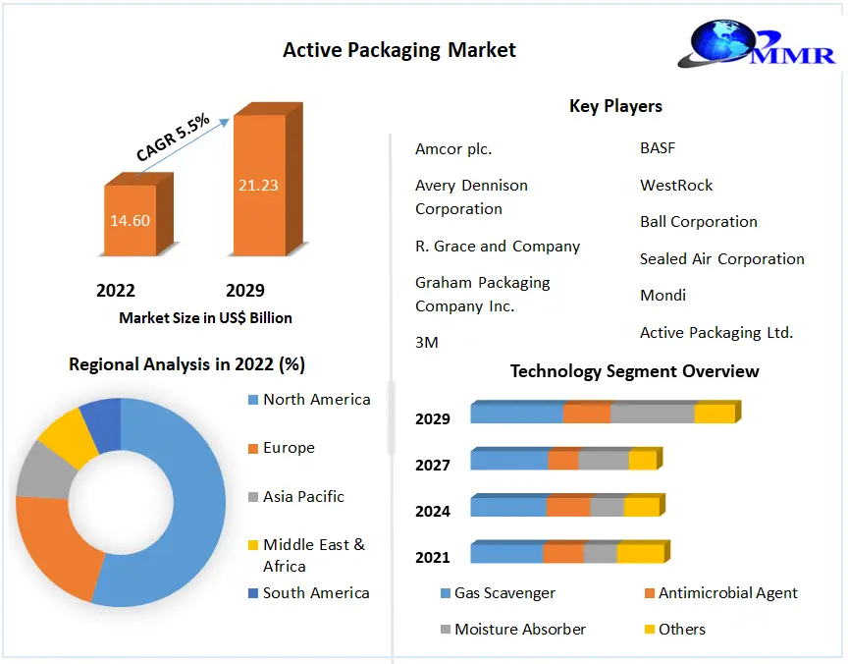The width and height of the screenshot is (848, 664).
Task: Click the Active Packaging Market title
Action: pyautogui.click(x=398, y=49)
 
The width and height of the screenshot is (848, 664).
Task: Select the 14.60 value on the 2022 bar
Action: pyautogui.click(x=130, y=220)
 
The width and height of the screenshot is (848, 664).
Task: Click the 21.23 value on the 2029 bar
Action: pyautogui.click(x=257, y=186)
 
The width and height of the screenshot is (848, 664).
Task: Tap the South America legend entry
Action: pyautogui.click(x=316, y=593)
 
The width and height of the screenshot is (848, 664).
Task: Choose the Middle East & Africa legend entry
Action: pyautogui.click(x=312, y=555)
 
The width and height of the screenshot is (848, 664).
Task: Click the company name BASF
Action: pyautogui.click(x=658, y=148)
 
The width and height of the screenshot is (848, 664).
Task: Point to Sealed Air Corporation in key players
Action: pyautogui.click(x=721, y=259)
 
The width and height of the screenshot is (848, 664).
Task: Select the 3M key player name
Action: pyautogui.click(x=427, y=343)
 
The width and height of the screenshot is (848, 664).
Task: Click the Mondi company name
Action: pyautogui.click(x=662, y=296)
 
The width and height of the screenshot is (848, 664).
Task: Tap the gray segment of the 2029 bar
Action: pyautogui.click(x=652, y=414)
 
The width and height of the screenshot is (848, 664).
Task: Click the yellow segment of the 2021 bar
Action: pyautogui.click(x=640, y=554)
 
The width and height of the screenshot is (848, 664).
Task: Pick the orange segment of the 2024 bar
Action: pyautogui.click(x=568, y=507)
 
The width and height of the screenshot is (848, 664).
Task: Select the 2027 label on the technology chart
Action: pyautogui.click(x=433, y=466)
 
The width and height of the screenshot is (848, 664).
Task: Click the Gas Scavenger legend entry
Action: pyautogui.click(x=504, y=593)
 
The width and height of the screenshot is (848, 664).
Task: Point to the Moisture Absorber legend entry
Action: pyautogui.click(x=519, y=630)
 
